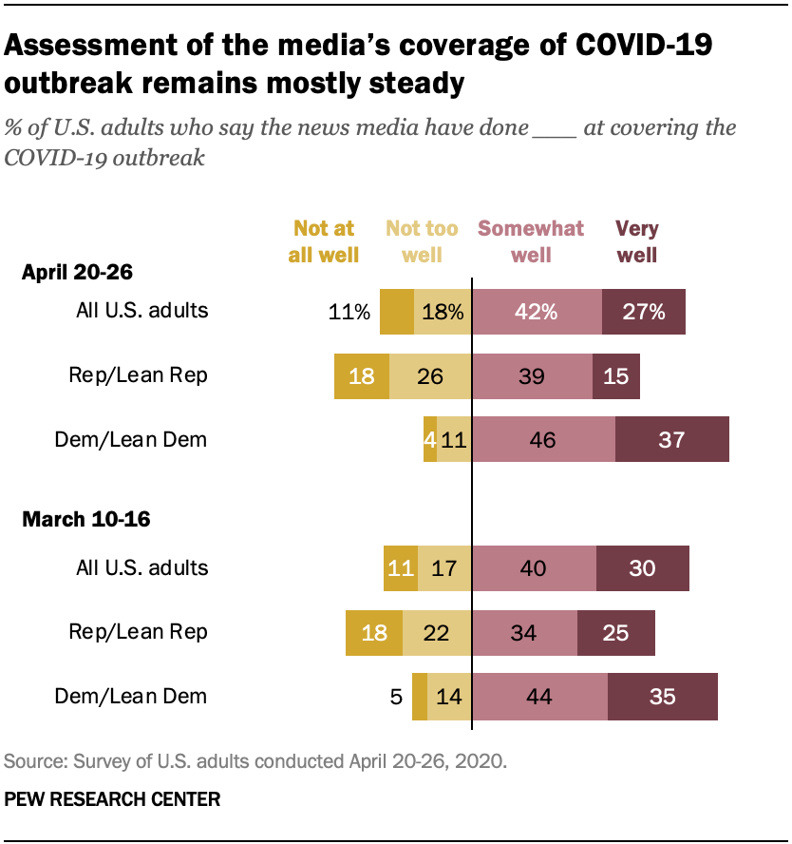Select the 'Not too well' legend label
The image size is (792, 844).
coord(422,241)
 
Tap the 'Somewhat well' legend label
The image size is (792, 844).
coord(531,241)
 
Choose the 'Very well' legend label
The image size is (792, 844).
coord(636,241)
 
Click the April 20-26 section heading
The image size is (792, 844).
coord(77,272)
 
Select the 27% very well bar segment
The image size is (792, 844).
coord(644,311)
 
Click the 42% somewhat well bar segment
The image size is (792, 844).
coord(537,311)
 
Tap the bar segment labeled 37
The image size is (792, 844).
coord(672,439)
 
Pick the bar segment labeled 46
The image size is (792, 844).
coord(544,439)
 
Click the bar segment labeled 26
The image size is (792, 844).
coord(430,375)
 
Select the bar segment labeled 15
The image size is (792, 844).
coord(616,375)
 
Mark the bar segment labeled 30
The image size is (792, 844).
coord(643,567)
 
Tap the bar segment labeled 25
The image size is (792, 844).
coord(616,632)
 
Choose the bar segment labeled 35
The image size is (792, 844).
coord(663,696)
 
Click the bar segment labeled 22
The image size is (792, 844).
coord(437,632)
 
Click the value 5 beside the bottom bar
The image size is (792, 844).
coord(395,696)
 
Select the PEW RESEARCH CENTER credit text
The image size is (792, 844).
coord(113,799)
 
